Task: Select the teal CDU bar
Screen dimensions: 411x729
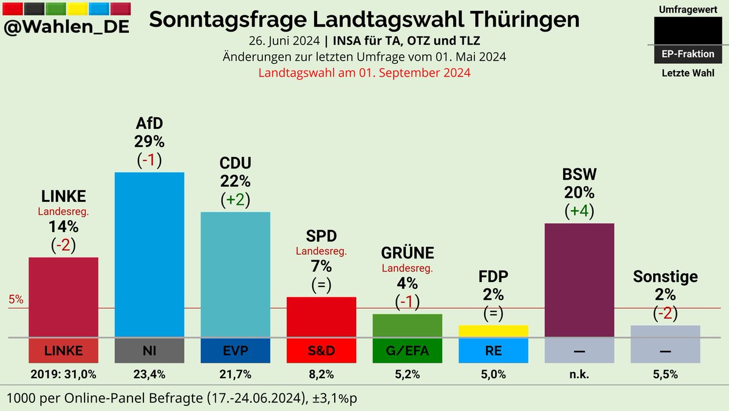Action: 236,274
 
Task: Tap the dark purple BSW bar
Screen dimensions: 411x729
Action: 580,280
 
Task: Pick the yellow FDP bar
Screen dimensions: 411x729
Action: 493,331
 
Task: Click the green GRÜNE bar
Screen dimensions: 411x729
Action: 407,325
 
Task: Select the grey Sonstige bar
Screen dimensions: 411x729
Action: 665,331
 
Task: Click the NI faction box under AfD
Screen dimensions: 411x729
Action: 149,351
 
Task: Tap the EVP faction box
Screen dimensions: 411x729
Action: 236,351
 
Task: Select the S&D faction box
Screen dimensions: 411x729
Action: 321,351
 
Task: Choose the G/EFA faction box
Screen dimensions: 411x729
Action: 407,351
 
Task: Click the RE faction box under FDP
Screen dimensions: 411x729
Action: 493,351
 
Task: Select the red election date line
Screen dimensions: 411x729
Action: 364,72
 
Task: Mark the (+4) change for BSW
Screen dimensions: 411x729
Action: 580,211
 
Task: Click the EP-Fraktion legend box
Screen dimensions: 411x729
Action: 688,54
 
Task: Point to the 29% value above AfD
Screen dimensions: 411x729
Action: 149,142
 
